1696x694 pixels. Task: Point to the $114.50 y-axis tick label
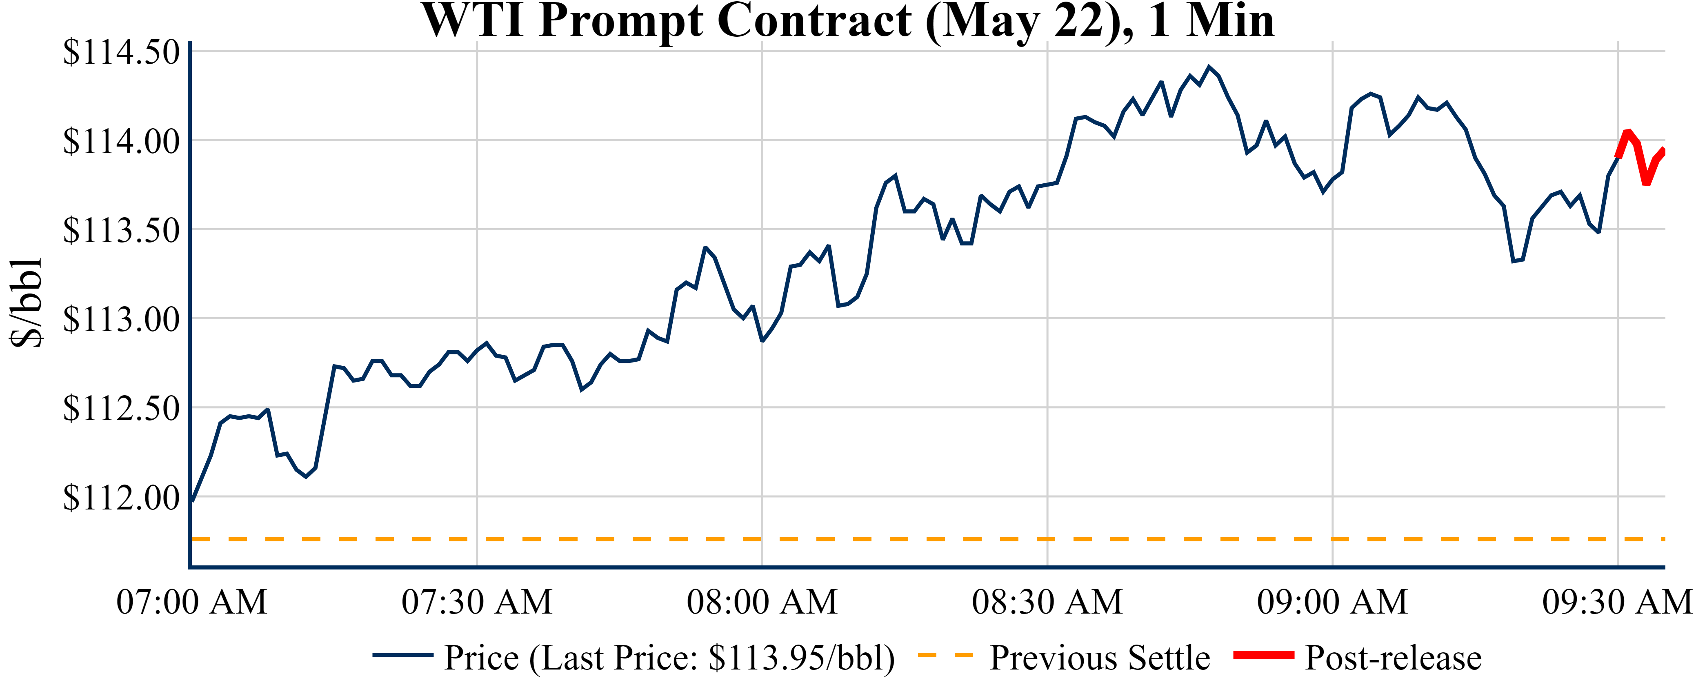[121, 53]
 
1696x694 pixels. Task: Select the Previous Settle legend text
[1100, 658]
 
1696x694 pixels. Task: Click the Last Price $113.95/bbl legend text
[669, 658]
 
